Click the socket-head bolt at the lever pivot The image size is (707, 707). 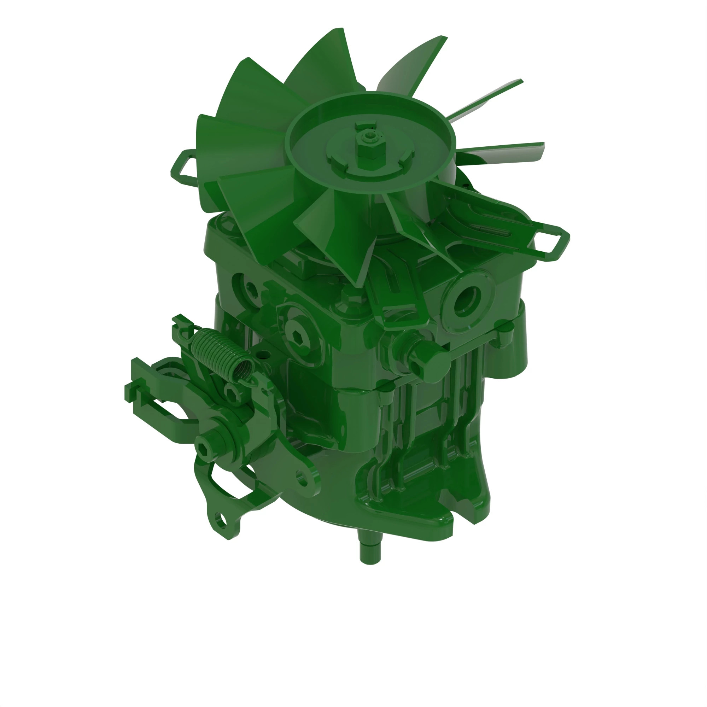click(x=204, y=446)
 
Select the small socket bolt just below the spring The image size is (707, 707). click(x=232, y=393)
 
